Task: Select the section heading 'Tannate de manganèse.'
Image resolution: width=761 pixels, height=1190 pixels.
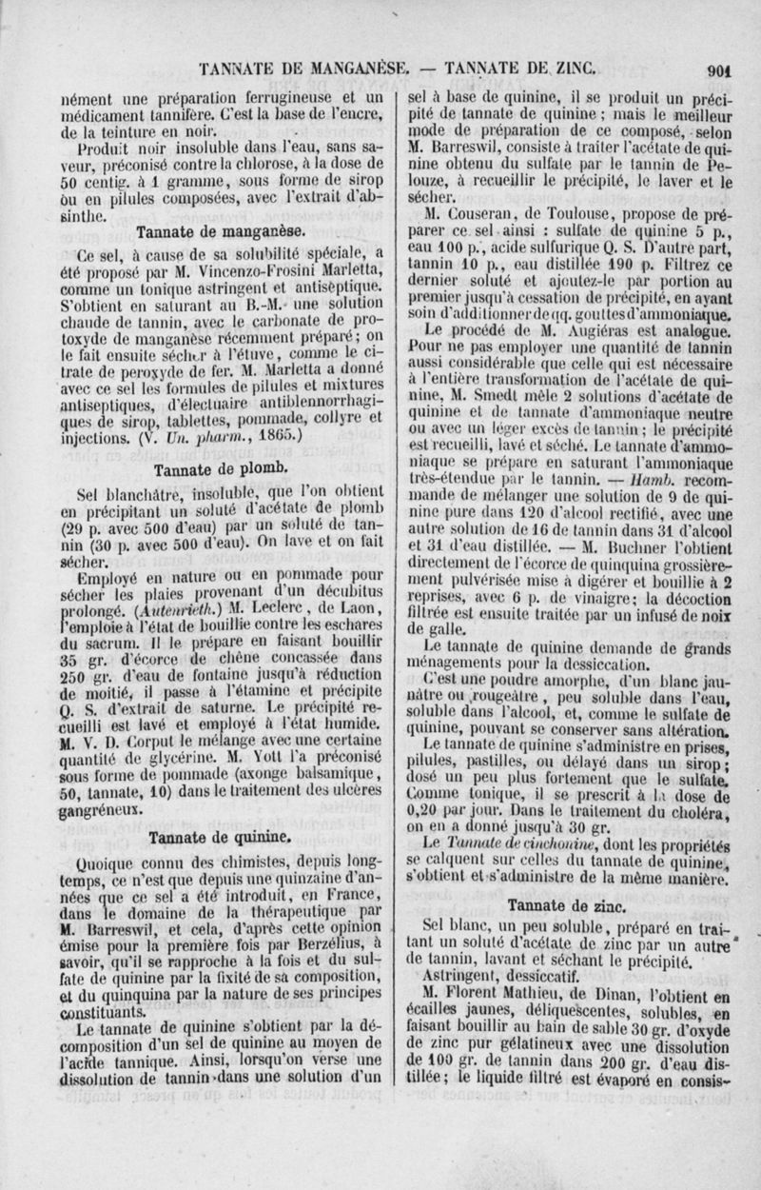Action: tap(221, 231)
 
